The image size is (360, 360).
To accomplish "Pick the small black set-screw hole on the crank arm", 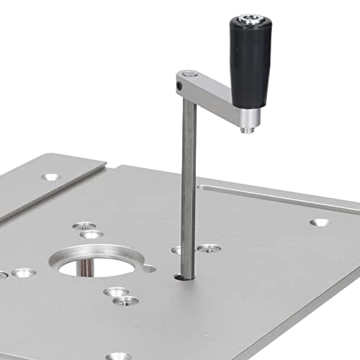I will point(179,86).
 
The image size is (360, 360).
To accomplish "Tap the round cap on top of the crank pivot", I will point(189,74).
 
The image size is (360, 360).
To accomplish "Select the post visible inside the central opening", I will point(86,267).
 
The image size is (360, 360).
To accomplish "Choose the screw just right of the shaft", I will point(209,248).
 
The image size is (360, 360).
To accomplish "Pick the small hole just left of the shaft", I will point(176,250).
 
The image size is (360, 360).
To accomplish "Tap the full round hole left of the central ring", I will point(23,273).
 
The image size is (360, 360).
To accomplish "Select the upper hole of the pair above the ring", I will point(85,225).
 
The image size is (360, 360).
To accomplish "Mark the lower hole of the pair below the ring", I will point(124,300).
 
